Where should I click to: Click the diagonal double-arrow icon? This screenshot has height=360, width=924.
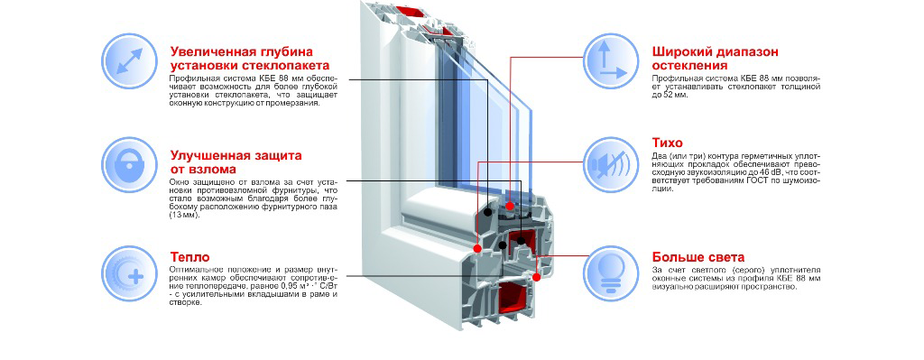click(130, 60)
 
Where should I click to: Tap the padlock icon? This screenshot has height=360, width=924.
click(130, 165)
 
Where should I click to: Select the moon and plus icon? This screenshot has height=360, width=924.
click(130, 274)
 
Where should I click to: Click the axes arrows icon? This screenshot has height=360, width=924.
click(612, 61)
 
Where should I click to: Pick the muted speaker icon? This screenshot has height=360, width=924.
click(612, 165)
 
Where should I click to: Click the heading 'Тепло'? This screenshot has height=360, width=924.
click(189, 257)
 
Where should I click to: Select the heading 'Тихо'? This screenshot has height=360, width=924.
click(668, 143)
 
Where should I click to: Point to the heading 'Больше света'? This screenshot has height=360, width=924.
click(698, 257)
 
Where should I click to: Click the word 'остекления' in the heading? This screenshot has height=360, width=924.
click(690, 65)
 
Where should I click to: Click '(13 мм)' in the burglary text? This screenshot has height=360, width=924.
click(184, 216)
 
